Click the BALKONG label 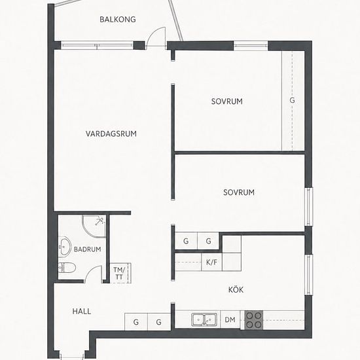118,19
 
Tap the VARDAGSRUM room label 111,134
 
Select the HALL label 82,312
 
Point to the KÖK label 236,289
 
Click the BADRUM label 88,249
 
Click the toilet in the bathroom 67,268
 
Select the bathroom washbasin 65,247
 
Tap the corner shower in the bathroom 94,226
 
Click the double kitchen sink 205,319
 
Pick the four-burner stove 254,320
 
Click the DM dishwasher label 230,319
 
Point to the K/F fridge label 211,262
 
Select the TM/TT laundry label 119,273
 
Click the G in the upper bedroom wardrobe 292,100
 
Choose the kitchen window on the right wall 308,275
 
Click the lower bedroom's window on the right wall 308,207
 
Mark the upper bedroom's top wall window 251,46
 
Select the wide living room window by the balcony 97,45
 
